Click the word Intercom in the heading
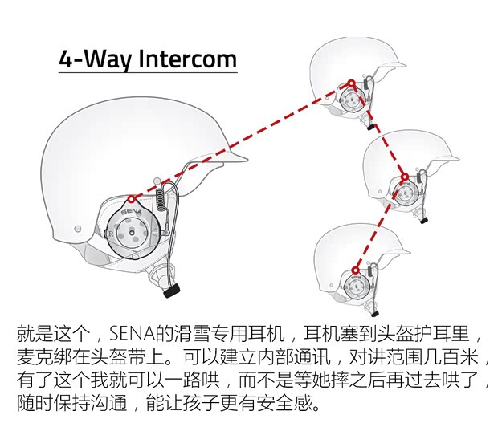click(188, 59)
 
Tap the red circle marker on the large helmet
click(131, 196)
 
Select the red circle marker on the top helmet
click(350, 83)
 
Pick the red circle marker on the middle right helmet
click(405, 177)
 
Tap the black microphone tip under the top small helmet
click(371, 126)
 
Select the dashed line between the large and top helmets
click(241, 140)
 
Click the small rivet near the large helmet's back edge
click(78, 229)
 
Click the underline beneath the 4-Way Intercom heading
click(148, 74)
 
